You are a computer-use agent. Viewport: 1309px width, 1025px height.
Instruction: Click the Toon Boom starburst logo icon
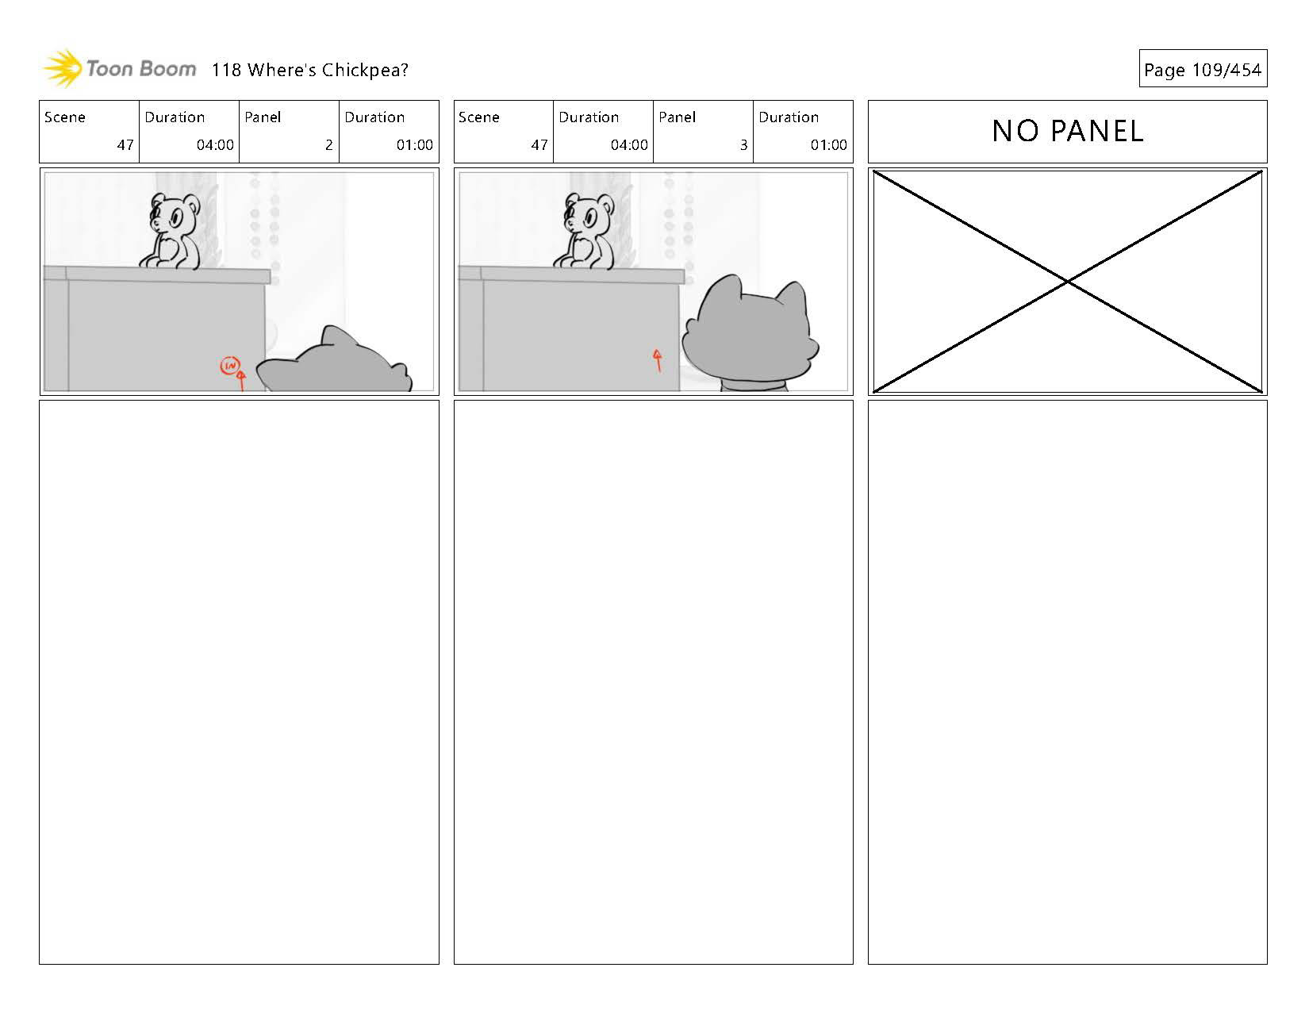click(x=63, y=68)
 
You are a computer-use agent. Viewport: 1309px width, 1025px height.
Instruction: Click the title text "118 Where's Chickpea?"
click(x=309, y=70)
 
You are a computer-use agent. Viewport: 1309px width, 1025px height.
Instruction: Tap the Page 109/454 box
click(x=1203, y=68)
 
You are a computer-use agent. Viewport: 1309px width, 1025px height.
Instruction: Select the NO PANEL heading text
click(x=1068, y=131)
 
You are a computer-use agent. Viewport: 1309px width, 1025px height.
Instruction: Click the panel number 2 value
click(x=329, y=144)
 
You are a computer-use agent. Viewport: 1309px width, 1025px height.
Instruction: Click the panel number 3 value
click(x=743, y=144)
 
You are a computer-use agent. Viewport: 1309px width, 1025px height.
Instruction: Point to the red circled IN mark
click(x=229, y=365)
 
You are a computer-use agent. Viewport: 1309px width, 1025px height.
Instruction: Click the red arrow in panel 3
click(x=658, y=360)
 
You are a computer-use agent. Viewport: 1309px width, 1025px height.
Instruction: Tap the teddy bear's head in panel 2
click(x=174, y=213)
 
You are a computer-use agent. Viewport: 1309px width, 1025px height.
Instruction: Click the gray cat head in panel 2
click(x=334, y=359)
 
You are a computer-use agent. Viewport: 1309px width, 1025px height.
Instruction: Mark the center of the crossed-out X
click(x=1068, y=282)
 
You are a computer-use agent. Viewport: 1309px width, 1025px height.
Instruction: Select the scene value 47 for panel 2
click(x=125, y=144)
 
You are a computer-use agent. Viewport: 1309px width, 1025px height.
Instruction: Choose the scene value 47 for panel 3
click(x=539, y=144)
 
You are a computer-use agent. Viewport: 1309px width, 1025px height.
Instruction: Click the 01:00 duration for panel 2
click(x=414, y=144)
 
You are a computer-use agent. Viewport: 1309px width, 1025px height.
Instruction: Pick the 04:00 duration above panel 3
click(x=629, y=144)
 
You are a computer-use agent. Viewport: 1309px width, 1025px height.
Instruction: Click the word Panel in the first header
click(x=263, y=117)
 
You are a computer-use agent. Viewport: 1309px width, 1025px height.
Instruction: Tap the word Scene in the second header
click(x=479, y=117)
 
